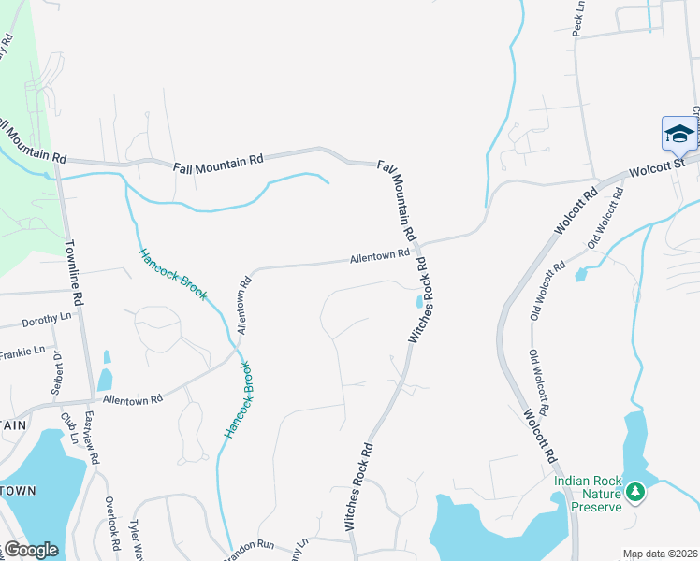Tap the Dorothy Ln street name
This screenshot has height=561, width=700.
coord(47,319)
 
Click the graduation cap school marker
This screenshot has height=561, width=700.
coord(678,133)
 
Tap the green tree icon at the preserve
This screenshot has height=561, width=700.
coord(635,491)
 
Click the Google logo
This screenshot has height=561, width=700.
coord(31,550)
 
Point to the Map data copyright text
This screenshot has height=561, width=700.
coord(660,554)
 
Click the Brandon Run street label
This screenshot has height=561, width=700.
coord(251,543)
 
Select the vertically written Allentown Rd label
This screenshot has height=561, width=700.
coord(244,305)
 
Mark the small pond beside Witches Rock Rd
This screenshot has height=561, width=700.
coord(417,301)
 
